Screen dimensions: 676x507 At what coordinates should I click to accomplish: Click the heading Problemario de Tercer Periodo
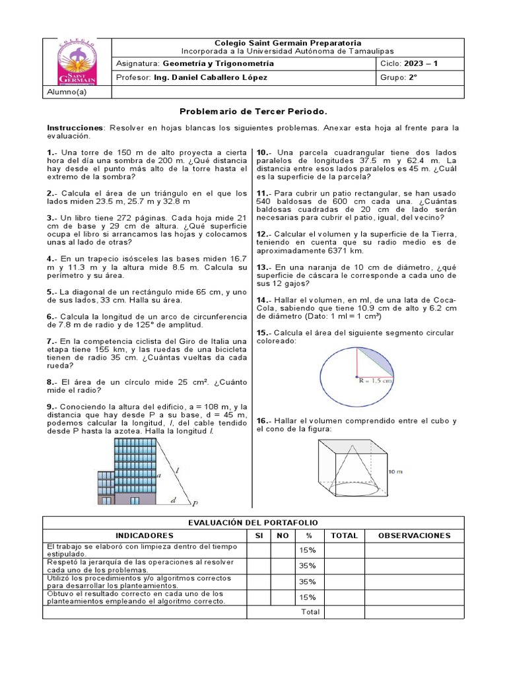(x=253, y=112)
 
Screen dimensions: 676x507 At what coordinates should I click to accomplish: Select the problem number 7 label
(x=51, y=341)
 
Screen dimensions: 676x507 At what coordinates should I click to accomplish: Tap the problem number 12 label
(x=263, y=234)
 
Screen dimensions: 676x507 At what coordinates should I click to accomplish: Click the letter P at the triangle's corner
(x=195, y=504)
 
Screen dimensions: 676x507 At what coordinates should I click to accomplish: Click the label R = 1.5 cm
(x=376, y=381)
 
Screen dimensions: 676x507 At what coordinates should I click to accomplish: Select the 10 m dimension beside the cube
(x=395, y=472)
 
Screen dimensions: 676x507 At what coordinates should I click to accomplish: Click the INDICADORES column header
(x=145, y=535)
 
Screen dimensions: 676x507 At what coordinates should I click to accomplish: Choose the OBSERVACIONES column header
(x=414, y=535)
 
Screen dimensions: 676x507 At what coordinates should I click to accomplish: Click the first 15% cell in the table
(x=307, y=550)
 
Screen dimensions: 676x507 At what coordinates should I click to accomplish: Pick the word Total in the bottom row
(x=310, y=612)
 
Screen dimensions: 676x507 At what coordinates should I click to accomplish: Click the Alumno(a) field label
(x=67, y=92)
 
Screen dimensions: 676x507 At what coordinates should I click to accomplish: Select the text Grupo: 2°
(x=399, y=77)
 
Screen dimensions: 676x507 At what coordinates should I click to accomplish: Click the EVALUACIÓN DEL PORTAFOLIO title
(x=253, y=523)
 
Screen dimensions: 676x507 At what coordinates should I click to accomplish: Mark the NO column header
(x=283, y=535)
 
